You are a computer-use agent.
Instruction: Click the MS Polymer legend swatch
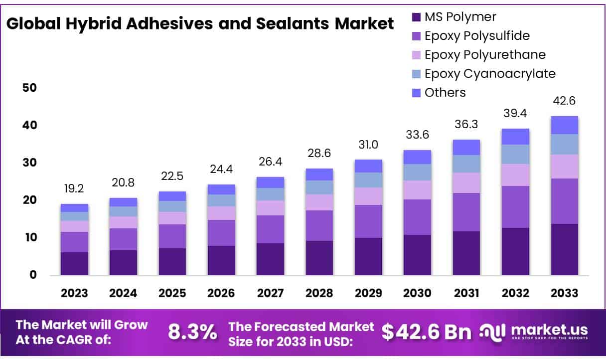click(416, 17)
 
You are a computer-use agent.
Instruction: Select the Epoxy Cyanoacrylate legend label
click(489, 74)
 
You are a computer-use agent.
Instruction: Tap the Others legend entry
click(445, 93)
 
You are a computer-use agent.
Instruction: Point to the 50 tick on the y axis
click(29, 88)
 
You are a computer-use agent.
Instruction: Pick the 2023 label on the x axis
click(74, 293)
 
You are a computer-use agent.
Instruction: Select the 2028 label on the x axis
click(319, 293)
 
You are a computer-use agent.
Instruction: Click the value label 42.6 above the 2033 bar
click(564, 101)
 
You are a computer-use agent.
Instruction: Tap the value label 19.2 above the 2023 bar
click(74, 189)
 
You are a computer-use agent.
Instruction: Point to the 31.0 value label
click(368, 145)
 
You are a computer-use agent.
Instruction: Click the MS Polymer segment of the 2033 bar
click(564, 249)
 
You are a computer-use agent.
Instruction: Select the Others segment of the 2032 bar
click(515, 137)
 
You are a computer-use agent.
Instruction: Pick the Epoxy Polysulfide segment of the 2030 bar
click(417, 217)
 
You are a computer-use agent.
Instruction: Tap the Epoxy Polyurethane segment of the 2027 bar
click(270, 208)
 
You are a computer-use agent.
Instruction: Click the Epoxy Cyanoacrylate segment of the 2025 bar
click(172, 206)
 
